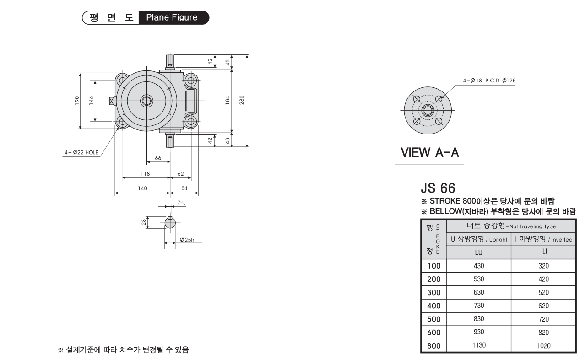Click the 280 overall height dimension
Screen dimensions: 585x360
242,100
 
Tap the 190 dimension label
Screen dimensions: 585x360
77,101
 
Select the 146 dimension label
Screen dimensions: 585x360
92,101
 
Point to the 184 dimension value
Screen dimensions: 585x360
227,100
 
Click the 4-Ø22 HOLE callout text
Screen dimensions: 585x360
81,152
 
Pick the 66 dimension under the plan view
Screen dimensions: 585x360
158,158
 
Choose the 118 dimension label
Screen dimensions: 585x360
145,174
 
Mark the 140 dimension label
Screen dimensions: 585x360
142,188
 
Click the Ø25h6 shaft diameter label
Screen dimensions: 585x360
188,240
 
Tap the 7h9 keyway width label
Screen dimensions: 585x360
181,203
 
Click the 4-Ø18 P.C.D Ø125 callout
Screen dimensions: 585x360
489,81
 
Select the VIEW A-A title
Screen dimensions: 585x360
430,152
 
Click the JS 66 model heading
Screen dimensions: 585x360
438,188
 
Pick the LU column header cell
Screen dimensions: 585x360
479,253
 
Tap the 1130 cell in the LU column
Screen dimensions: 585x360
479,345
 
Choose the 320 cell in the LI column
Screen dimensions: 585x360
543,266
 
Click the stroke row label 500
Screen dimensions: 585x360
434,319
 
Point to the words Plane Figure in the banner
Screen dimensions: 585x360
172,17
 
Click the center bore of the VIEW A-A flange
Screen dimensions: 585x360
428,110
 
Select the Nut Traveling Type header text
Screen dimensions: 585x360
533,226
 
